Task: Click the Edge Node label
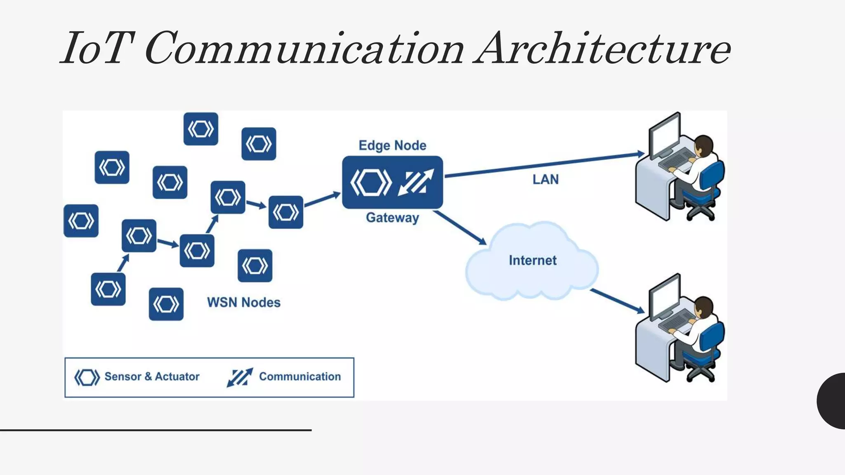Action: (x=392, y=146)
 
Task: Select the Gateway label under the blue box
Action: (x=392, y=218)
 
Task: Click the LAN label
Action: (x=545, y=179)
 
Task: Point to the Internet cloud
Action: (x=532, y=261)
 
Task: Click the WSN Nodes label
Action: (x=243, y=302)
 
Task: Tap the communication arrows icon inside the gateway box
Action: (x=416, y=182)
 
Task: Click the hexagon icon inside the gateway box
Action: (x=371, y=182)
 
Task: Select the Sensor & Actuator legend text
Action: (x=152, y=376)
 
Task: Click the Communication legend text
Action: (x=300, y=376)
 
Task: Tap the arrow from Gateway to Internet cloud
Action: (x=460, y=228)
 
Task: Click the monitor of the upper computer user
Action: (x=664, y=136)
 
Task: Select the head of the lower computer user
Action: (x=703, y=307)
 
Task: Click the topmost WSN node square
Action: (x=201, y=129)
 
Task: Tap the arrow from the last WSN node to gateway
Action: (x=322, y=200)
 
